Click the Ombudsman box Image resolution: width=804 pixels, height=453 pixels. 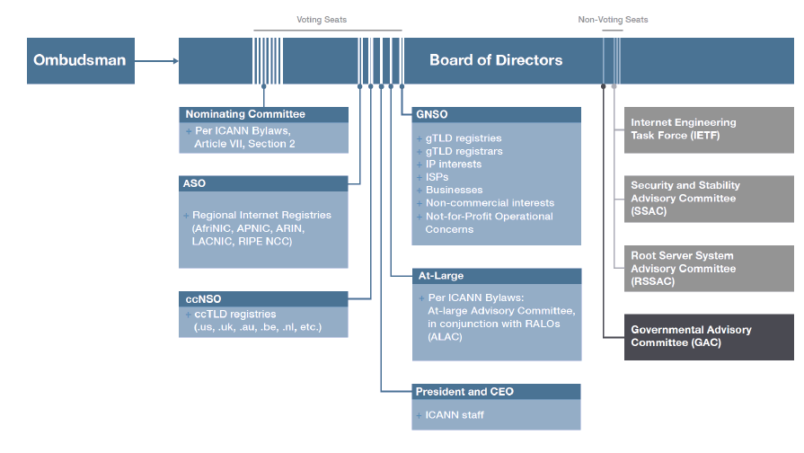pos(78,61)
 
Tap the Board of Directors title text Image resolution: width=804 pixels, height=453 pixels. pos(496,61)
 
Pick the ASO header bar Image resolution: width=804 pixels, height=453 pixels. pos(263,184)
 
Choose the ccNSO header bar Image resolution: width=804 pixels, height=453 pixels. pos(263,299)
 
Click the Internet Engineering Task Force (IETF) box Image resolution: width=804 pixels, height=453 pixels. pos(709,129)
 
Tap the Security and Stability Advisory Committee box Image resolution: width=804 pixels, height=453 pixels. pos(709,199)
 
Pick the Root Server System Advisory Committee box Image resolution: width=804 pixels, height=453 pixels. pos(709,269)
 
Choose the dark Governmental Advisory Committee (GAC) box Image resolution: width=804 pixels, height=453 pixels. pos(709,337)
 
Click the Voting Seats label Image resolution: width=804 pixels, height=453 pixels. pos(322,20)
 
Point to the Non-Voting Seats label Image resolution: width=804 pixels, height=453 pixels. pos(613,20)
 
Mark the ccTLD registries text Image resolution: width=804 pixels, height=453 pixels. pos(235,315)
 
